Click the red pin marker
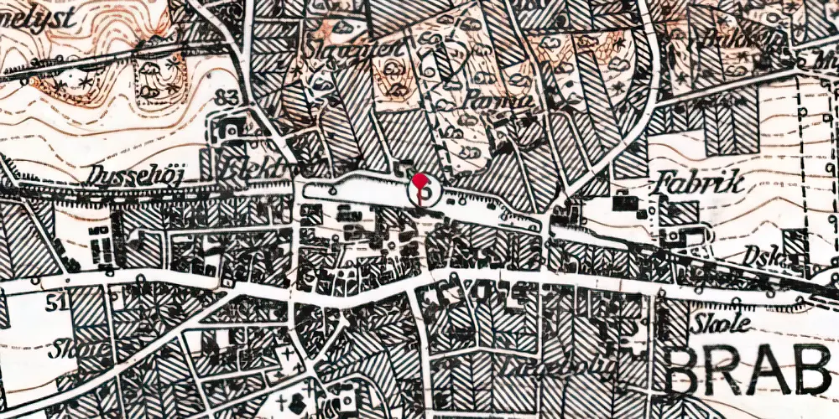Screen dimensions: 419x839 423,183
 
